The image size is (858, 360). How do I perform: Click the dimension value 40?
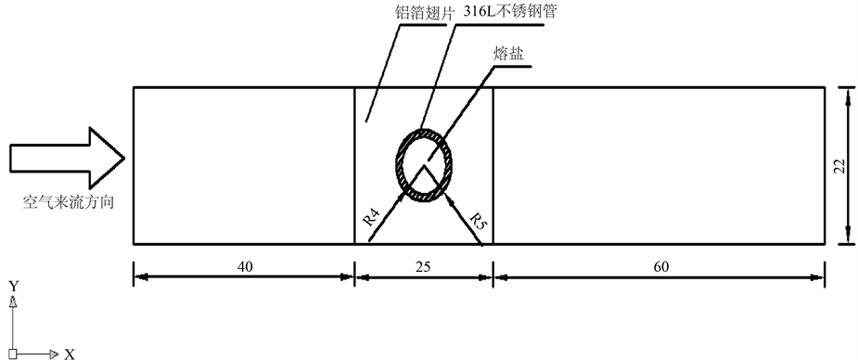(244, 266)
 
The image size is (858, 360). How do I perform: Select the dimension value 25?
(424, 266)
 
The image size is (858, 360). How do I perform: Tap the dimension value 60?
(661, 266)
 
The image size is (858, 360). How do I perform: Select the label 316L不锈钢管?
(509, 11)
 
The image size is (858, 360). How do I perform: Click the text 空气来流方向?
(68, 202)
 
